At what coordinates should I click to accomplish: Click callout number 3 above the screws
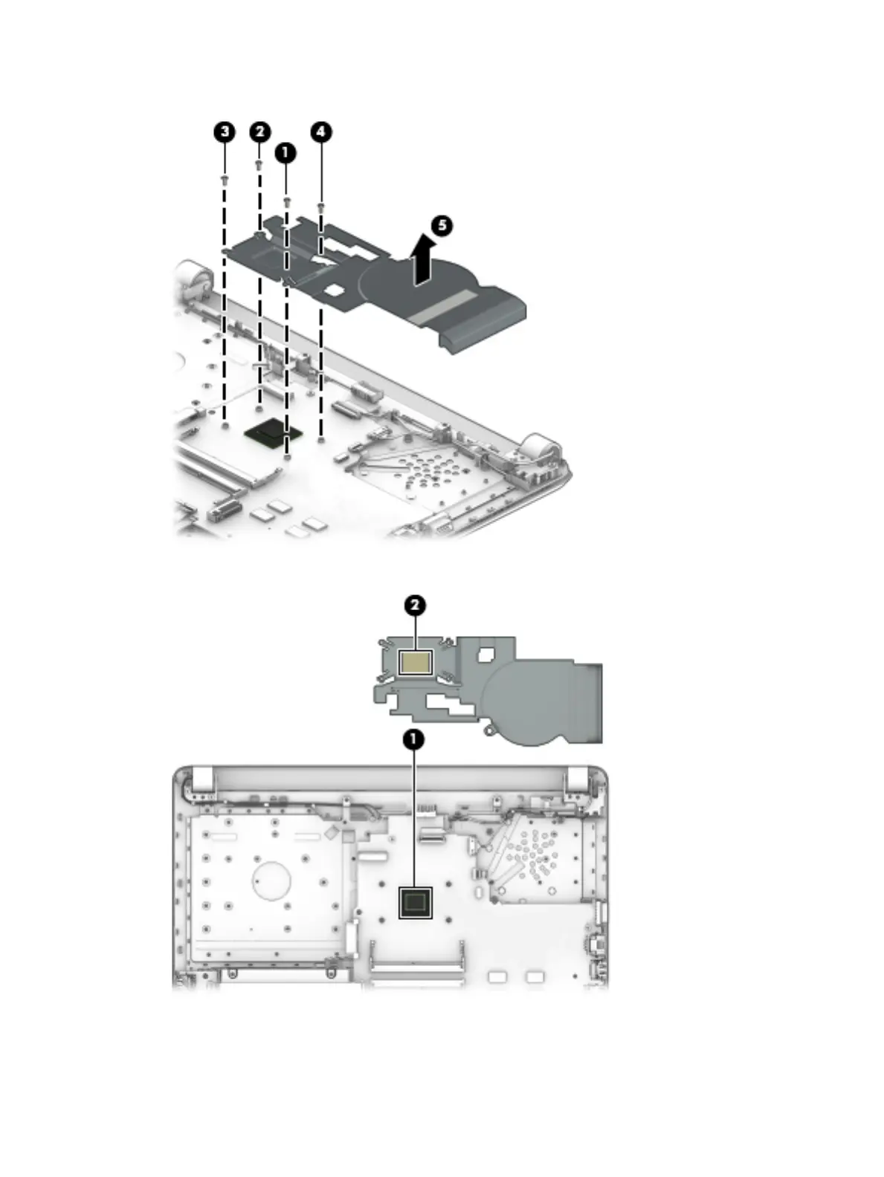(224, 132)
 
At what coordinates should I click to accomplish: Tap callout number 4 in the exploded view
(320, 132)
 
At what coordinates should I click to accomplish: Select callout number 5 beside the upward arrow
(442, 224)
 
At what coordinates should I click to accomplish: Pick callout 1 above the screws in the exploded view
(285, 153)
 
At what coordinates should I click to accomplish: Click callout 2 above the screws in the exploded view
(259, 132)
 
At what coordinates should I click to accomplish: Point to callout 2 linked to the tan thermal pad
(415, 605)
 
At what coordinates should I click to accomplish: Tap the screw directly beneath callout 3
(224, 179)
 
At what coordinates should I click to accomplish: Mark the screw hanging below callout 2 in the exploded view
(259, 164)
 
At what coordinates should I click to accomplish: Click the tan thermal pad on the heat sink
(415, 661)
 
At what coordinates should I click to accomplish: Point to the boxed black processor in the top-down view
(415, 902)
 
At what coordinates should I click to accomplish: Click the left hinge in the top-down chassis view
(199, 779)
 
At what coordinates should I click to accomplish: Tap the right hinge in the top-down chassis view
(577, 779)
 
